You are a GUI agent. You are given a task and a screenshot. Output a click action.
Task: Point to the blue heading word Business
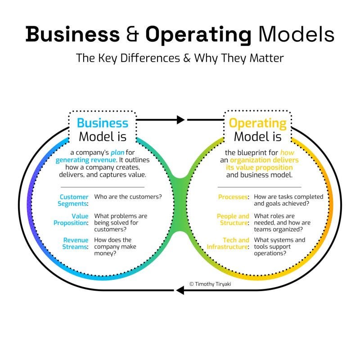tap(103, 123)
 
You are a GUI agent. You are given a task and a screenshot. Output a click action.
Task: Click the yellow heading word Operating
tap(257, 123)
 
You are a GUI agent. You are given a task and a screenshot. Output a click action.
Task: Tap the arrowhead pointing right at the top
tap(180, 120)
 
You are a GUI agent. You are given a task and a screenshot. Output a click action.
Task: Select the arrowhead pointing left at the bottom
tap(180, 290)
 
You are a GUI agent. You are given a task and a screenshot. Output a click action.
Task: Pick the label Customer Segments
tap(74, 200)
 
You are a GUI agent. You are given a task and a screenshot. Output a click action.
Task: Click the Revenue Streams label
tap(76, 243)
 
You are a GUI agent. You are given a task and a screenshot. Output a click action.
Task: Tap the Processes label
tap(234, 197)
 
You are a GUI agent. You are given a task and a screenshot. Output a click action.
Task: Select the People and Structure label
tap(233, 220)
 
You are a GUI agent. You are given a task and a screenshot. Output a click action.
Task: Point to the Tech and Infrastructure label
tap(228, 243)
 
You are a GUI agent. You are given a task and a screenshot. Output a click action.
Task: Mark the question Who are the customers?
tap(128, 197)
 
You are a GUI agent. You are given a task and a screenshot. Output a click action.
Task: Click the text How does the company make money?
tap(115, 247)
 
